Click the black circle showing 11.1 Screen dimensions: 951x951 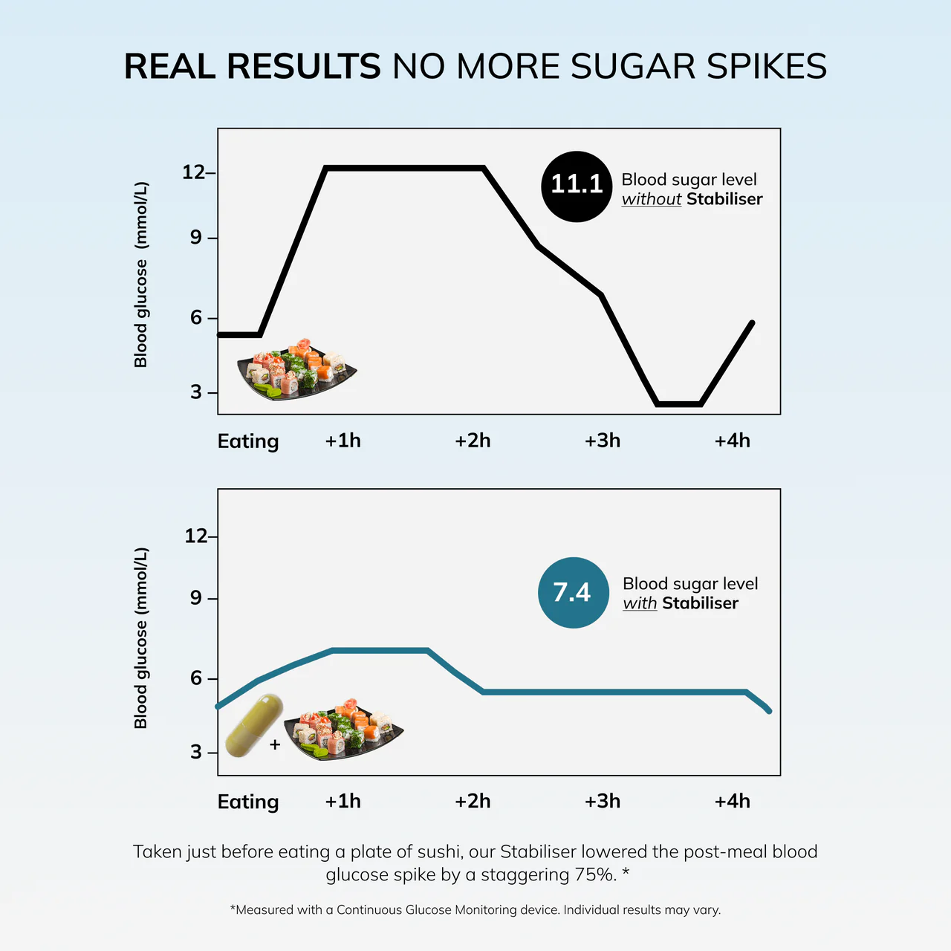pos(577,186)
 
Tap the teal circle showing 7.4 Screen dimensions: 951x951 pos(573,592)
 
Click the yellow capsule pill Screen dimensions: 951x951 pos(254,726)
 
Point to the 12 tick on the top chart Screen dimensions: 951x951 pos(194,172)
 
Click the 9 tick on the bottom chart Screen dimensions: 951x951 pos(195,598)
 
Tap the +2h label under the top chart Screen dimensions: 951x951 pos(473,441)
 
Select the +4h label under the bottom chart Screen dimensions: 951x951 pos(732,801)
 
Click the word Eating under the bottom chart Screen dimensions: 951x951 pos(248,802)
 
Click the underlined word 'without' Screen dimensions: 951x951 pos(651,199)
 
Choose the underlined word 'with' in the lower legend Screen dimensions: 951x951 pos(640,603)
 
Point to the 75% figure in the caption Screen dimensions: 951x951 pos(594,874)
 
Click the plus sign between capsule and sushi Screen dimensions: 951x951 pos(275,744)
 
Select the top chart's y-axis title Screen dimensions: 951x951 pos(140,274)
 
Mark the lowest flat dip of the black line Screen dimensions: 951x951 pos(679,404)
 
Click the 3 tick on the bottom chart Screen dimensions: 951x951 pos(195,752)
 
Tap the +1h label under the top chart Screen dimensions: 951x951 pos(343,441)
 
